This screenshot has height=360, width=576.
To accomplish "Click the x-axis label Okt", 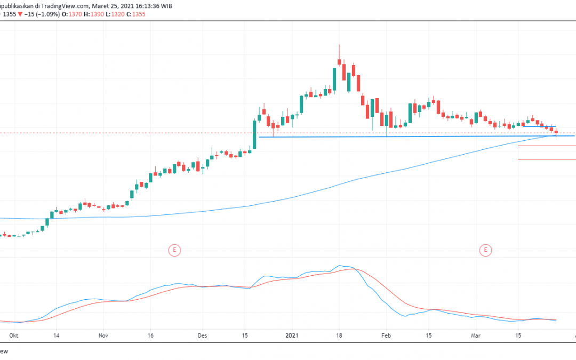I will click(13, 336).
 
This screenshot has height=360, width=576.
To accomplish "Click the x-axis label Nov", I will click(103, 336).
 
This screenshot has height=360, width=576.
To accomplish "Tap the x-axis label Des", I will click(202, 336).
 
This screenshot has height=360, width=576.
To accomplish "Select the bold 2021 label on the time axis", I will click(291, 336).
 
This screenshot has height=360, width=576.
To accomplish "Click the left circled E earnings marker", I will click(173, 249).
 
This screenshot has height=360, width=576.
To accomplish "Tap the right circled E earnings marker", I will click(486, 249).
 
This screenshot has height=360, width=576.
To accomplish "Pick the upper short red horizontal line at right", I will click(547, 146).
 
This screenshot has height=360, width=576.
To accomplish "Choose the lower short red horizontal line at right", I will click(547, 159).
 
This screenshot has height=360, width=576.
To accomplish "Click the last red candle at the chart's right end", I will click(556, 132).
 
